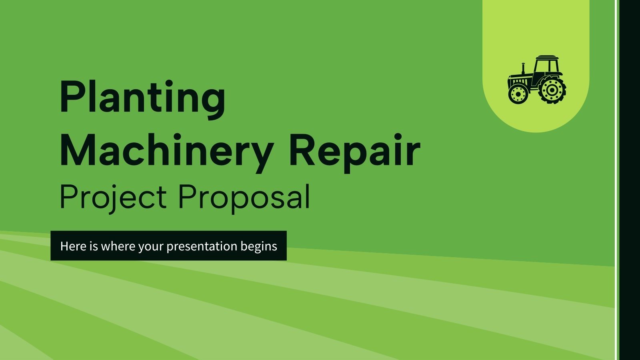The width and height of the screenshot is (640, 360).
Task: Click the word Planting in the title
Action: coord(142,98)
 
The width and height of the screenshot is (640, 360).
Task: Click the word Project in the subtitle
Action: coord(113,197)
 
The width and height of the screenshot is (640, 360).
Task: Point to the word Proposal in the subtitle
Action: coord(244,197)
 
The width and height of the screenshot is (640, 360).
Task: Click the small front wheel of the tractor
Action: coord(518,94)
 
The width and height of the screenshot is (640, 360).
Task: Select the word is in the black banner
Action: coord(94,246)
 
